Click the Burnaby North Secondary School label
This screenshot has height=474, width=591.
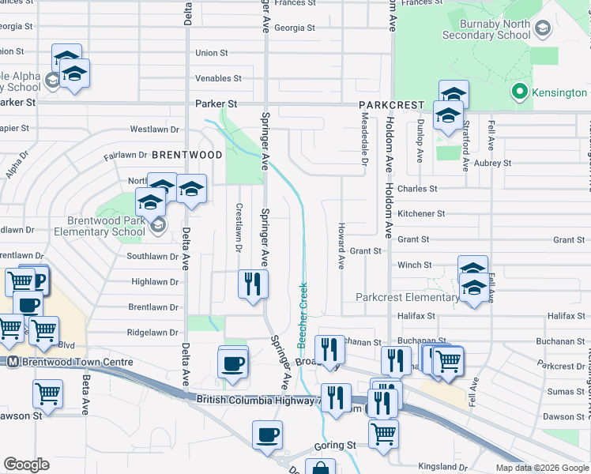pyautogui.click(x=485, y=29)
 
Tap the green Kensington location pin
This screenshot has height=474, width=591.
pyautogui.click(x=519, y=92)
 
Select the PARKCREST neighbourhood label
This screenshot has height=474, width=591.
pyautogui.click(x=391, y=105)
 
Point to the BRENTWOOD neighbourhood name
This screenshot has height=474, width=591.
pyautogui.click(x=187, y=155)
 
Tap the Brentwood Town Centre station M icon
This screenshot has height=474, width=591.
pyautogui.click(x=12, y=362)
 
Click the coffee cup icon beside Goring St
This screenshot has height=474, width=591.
pyautogui.click(x=267, y=434)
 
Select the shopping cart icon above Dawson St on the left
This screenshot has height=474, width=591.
pyautogui.click(x=48, y=393)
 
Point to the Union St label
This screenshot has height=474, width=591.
pyautogui.click(x=211, y=53)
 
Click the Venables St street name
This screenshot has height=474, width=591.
pyautogui.click(x=218, y=78)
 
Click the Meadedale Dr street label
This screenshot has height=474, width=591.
pyautogui.click(x=365, y=137)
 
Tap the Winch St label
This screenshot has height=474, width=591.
pyautogui.click(x=415, y=265)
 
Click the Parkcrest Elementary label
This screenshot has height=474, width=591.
pyautogui.click(x=407, y=298)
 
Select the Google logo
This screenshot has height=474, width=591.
pyautogui.click(x=27, y=465)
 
